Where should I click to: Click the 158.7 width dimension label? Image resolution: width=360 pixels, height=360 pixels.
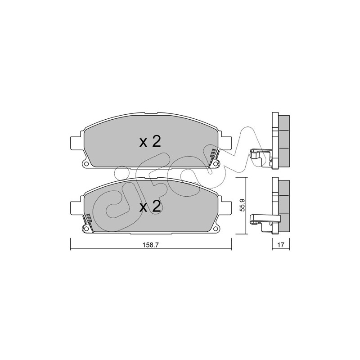coord(151,245)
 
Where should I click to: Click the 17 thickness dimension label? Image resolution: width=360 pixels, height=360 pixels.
coord(280,245)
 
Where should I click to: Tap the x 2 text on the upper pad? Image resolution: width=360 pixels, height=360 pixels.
coord(150,142)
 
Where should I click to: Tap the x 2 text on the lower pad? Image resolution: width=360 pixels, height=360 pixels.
coord(150,207)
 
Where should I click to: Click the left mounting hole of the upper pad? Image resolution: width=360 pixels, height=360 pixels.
coord(86,164)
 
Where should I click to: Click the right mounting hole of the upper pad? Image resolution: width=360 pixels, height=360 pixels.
coord(216,164)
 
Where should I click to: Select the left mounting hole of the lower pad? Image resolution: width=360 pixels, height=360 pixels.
coord(86,229)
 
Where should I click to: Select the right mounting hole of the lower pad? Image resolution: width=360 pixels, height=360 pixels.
coord(216,229)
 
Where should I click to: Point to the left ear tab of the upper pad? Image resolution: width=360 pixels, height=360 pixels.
coord(75,143)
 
